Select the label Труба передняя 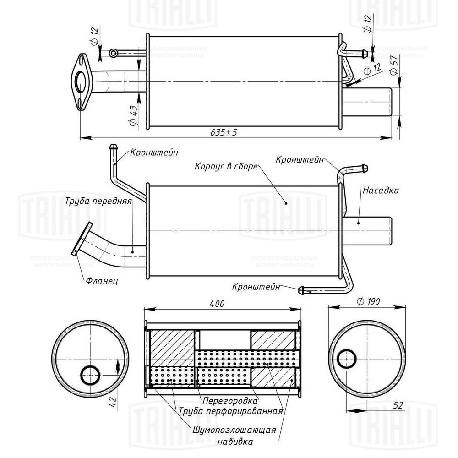tap(98, 201)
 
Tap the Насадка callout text tap(381, 189)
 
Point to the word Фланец tap(102, 281)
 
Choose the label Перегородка tap(227, 400)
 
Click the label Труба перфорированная tap(230, 410)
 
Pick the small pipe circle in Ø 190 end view tap(347, 359)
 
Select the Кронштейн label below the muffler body tap(256, 287)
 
